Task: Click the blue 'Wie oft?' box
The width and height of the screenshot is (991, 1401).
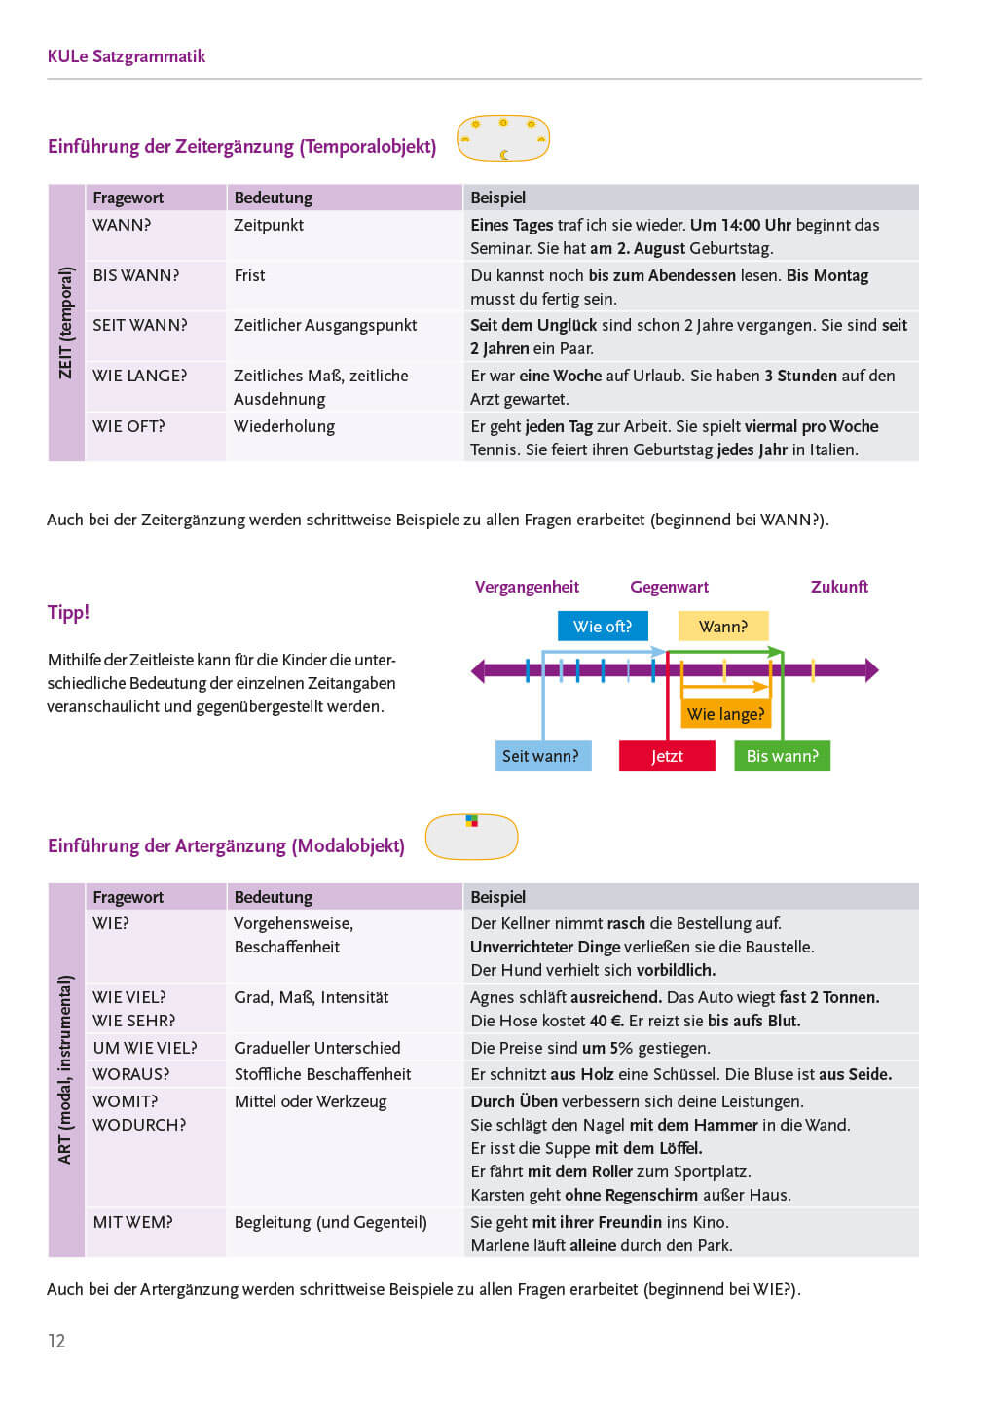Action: pos(603,627)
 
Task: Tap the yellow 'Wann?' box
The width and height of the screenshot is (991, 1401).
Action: pos(723,627)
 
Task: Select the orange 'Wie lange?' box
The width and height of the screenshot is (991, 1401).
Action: pos(725,714)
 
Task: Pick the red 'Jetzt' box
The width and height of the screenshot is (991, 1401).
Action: pos(667,756)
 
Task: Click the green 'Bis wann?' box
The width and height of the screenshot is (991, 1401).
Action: pos(782,756)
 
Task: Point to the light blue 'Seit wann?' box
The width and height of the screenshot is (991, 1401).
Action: pos(541,756)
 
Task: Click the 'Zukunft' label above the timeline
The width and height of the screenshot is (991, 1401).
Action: pos(839,587)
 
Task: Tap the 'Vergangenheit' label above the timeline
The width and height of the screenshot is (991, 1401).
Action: pos(527,587)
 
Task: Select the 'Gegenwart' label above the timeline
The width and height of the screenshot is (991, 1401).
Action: pos(669,587)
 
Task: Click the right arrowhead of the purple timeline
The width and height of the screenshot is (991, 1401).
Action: pos(871,670)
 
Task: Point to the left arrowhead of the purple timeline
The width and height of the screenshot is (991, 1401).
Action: pos(478,670)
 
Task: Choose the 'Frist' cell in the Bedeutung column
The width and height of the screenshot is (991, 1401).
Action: pos(249,275)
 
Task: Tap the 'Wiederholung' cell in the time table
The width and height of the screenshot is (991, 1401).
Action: pos(284,426)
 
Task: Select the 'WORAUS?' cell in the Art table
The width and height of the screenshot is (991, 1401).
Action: pos(130,1074)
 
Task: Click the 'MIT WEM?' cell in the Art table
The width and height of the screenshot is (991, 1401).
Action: pos(132,1222)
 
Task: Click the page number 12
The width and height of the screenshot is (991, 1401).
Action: pos(56,1341)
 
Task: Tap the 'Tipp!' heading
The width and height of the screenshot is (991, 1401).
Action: pos(68,612)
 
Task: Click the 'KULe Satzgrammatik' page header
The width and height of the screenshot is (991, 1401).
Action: pos(127,56)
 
